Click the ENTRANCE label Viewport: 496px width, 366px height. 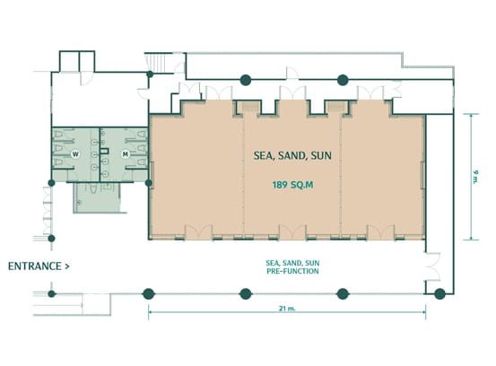[34, 266]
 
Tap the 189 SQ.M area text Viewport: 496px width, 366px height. [293, 185]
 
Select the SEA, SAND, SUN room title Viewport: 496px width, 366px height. [292, 155]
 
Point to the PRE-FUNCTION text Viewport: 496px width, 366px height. [292, 271]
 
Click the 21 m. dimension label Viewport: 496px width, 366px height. [287, 309]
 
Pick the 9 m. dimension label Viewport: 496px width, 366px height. [475, 177]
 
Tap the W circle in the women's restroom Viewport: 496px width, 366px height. [75, 154]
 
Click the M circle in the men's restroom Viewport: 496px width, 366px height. [126, 154]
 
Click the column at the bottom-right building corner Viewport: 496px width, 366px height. [439, 294]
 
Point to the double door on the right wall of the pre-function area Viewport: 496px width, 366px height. [432, 266]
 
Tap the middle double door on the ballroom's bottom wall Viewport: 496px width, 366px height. [292, 231]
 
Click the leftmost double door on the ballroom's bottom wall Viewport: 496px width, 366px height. [198, 231]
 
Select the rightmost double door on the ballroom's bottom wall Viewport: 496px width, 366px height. [380, 231]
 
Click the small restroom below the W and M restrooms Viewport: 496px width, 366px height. [97, 197]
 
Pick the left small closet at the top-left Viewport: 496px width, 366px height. [69, 61]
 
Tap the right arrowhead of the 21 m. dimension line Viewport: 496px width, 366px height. [424, 312]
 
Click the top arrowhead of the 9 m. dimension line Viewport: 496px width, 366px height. [471, 116]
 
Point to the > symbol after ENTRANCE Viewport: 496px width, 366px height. [66, 266]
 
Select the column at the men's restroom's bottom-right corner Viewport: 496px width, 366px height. [148, 183]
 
